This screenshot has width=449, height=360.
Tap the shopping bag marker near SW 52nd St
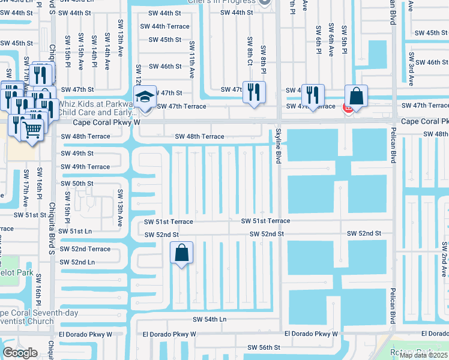(181, 253)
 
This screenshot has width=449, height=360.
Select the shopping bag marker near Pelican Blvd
(356, 97)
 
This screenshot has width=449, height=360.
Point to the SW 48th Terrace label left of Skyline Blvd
(199, 136)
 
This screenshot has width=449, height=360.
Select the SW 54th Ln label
(209, 320)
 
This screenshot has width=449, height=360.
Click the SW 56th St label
(265, 347)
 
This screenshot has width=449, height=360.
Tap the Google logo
(20, 353)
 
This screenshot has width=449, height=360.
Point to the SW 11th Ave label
(192, 60)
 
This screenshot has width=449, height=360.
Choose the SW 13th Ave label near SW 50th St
(120, 207)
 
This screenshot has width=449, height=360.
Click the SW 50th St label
(77, 184)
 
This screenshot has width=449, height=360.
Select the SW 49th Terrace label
(86, 167)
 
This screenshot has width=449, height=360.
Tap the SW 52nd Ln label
(74, 262)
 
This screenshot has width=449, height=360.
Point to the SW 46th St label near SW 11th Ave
(165, 66)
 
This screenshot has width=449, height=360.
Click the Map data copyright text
(423, 355)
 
